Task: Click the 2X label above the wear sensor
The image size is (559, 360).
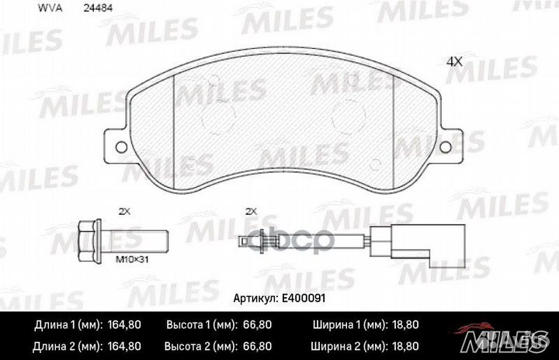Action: pyautogui.click(x=251, y=210)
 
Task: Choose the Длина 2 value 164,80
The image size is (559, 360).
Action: pyautogui.click(x=123, y=344)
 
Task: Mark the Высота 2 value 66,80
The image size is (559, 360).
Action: pyautogui.click(x=277, y=344)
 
